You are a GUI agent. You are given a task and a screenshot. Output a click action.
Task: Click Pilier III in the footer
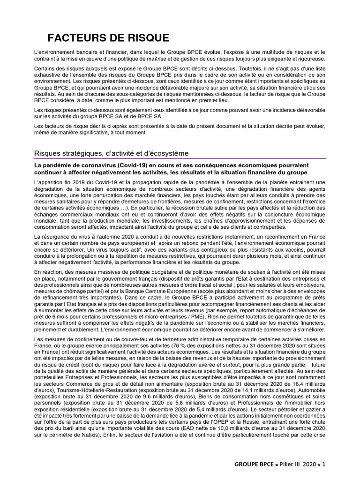point(290,465)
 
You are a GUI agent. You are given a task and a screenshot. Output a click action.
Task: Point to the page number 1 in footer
point(323,465)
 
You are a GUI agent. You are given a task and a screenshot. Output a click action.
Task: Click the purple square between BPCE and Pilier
point(276,465)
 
